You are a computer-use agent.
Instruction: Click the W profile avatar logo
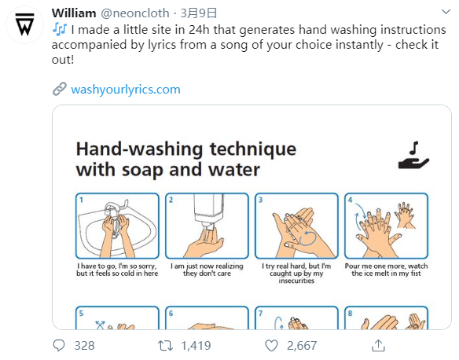[x=24, y=24]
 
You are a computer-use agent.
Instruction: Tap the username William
[x=74, y=13]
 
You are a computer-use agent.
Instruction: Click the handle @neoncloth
[x=135, y=13]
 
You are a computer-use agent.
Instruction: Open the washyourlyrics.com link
[x=126, y=90]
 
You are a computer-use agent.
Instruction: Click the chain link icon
[x=60, y=89]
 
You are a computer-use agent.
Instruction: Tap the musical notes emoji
[x=60, y=30]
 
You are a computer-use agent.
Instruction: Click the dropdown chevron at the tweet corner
[x=446, y=12]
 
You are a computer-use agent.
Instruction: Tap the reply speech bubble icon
[x=59, y=345]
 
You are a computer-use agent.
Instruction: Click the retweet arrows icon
[x=165, y=346]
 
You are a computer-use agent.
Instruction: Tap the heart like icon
[x=271, y=346]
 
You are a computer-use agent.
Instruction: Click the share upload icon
[x=378, y=345]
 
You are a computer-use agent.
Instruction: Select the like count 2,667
[x=302, y=346]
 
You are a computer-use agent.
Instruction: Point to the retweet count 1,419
[x=196, y=346]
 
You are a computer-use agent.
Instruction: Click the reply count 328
[x=85, y=346]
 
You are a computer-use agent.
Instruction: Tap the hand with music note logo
[x=413, y=156]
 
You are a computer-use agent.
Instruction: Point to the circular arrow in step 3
[x=307, y=237]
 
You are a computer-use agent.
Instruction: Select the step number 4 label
[x=350, y=200]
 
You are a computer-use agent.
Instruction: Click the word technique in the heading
[x=253, y=149]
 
